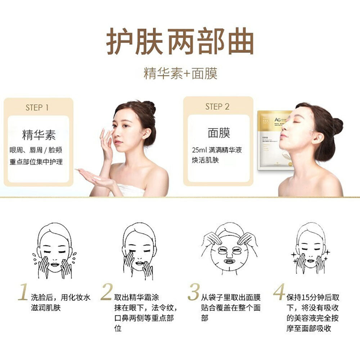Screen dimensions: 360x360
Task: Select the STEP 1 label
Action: point(37,107)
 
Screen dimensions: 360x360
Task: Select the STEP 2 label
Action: point(217,106)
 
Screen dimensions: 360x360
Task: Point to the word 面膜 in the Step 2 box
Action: point(219,132)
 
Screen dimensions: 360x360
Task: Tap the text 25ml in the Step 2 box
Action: point(200,149)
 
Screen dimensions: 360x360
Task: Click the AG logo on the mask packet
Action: point(268,120)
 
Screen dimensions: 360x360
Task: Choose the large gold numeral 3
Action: point(193,292)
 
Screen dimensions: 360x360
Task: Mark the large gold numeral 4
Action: point(279,292)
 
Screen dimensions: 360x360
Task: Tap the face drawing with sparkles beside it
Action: point(311,250)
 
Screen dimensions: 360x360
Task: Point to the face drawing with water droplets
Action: point(55,250)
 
